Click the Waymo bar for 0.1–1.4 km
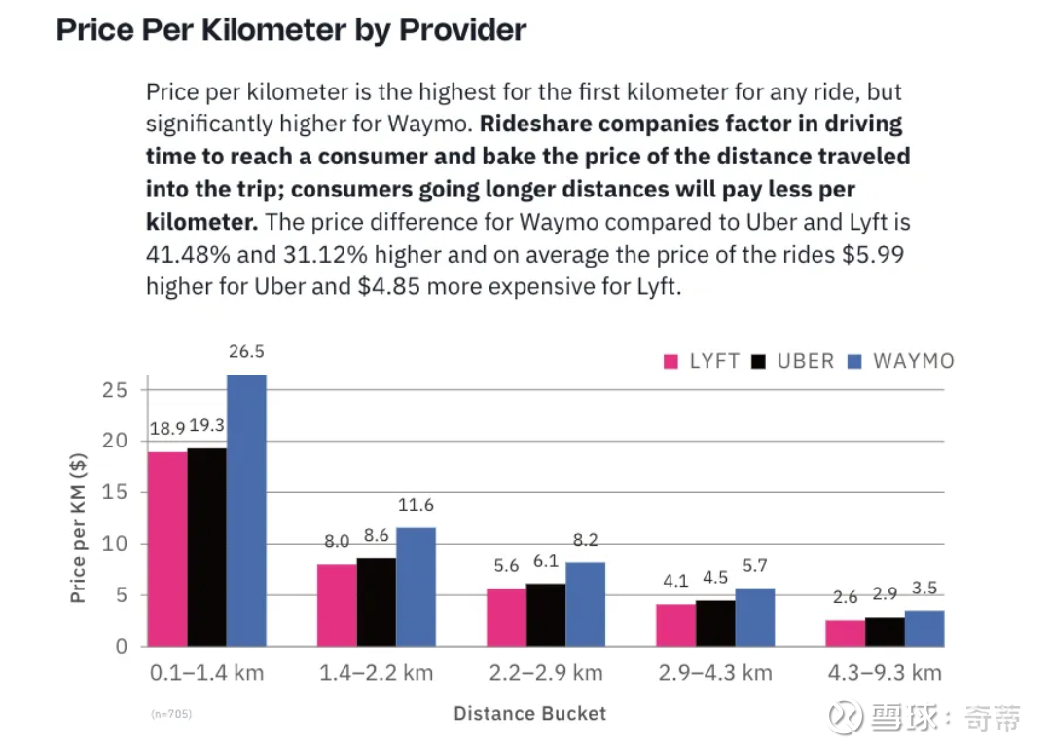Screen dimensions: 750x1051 pyautogui.click(x=246, y=511)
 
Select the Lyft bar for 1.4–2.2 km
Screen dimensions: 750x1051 pyautogui.click(x=337, y=605)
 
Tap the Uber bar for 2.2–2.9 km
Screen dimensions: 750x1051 pyautogui.click(x=545, y=615)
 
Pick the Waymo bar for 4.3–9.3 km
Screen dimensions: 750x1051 pyautogui.click(x=924, y=628)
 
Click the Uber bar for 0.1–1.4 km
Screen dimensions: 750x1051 pyautogui.click(x=206, y=547)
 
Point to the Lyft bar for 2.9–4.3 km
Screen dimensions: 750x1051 pyautogui.click(x=675, y=625)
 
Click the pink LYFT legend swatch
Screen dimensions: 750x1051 pyautogui.click(x=670, y=362)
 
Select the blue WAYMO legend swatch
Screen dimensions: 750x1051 pyautogui.click(x=854, y=362)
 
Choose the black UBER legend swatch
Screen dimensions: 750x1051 pyautogui.click(x=759, y=362)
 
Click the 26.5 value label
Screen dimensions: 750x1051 pyautogui.click(x=246, y=351)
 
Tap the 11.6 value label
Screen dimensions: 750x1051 pyautogui.click(x=416, y=505)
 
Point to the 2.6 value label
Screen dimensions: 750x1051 pyautogui.click(x=845, y=598)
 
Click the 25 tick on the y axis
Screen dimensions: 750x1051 pyautogui.click(x=115, y=389)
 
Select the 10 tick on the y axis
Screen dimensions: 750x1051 pyautogui.click(x=115, y=543)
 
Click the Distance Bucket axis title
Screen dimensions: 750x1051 pyautogui.click(x=529, y=714)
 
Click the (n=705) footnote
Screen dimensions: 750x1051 pyautogui.click(x=171, y=714)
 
